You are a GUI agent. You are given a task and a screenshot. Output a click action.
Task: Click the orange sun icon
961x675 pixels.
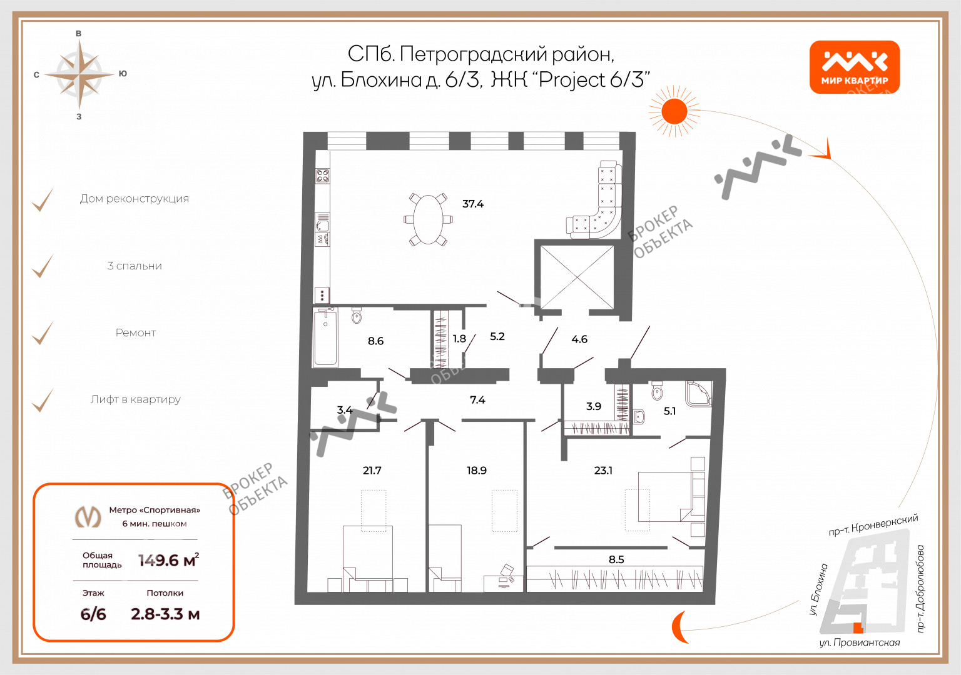pos(674,111)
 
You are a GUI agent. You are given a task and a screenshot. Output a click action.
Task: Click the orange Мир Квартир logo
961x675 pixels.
pos(854,67)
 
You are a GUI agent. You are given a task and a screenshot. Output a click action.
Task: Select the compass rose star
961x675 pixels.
pos(79,76)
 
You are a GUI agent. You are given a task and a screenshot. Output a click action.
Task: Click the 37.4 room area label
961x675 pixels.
pos(473,204)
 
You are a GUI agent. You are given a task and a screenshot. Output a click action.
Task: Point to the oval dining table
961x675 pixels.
pos(428,219)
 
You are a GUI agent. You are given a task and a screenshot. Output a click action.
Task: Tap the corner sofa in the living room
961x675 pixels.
pos(594,200)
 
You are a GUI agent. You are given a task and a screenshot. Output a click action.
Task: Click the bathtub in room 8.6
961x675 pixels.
pos(325,337)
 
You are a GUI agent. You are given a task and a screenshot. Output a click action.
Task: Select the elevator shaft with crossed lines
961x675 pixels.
pos(577,277)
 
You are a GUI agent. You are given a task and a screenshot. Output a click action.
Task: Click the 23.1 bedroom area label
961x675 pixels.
pos(603,471)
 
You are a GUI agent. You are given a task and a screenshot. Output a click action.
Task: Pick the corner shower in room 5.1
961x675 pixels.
pos(698,393)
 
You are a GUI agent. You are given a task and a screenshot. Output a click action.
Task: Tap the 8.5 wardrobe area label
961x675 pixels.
pos(616,559)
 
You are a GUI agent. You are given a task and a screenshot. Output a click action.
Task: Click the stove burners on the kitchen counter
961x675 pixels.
pos(323,176)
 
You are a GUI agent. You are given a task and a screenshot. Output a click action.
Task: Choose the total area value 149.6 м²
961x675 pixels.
pos(168,560)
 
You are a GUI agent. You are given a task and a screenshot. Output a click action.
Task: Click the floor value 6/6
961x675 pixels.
pos(93,614)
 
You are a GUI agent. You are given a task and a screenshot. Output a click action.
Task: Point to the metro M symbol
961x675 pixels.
pos(88,516)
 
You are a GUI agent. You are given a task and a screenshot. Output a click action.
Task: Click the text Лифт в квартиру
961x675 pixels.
pos(136,399)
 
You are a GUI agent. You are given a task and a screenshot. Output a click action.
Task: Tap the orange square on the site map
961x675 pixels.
pos(858,628)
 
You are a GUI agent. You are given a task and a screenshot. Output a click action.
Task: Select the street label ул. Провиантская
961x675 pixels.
pos(859,642)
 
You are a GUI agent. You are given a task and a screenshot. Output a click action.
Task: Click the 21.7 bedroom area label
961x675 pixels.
pos(372,471)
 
